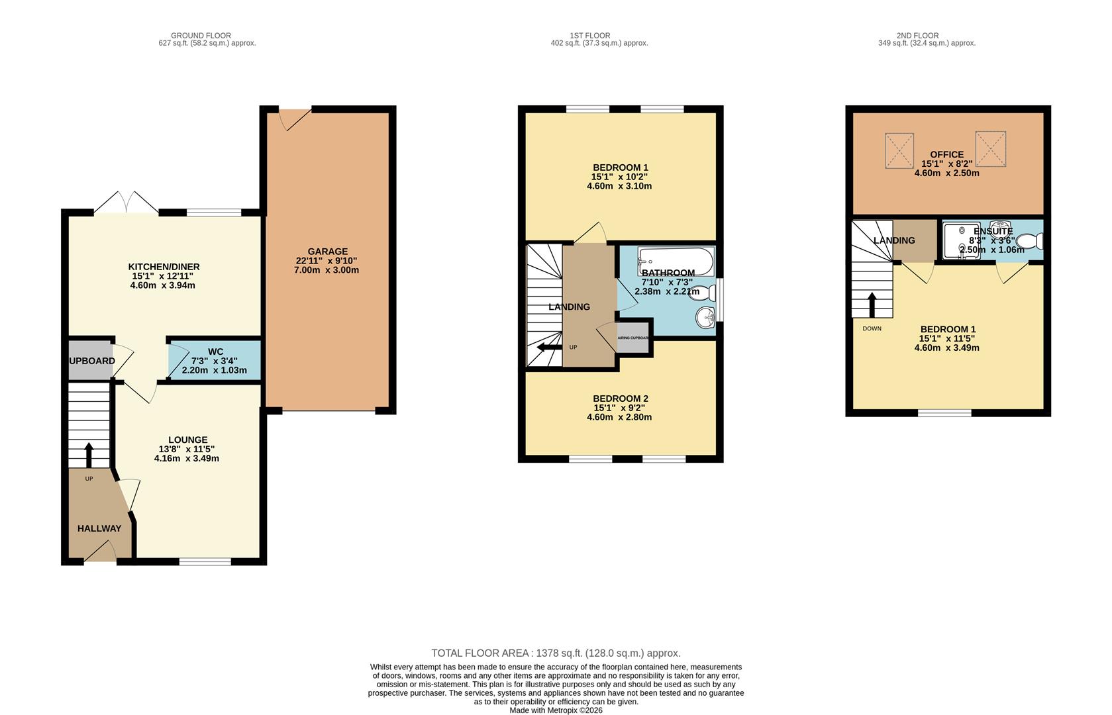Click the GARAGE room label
pyautogui.click(x=327, y=252)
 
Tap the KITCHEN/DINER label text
pyautogui.click(x=164, y=267)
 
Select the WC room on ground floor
pyautogui.click(x=215, y=361)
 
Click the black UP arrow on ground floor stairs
pyautogui.click(x=89, y=454)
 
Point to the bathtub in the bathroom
pyautogui.click(x=676, y=262)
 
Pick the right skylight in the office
pyautogui.click(x=990, y=148)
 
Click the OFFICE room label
pyautogui.click(x=946, y=154)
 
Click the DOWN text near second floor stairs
pyautogui.click(x=872, y=328)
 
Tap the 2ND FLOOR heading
pyautogui.click(x=917, y=36)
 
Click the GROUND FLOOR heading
pyautogui.click(x=201, y=36)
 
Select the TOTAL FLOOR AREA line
pyautogui.click(x=556, y=653)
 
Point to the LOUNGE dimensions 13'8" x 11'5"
pyautogui.click(x=187, y=449)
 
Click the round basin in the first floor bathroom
pyautogui.click(x=705, y=318)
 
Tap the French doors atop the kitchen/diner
pyautogui.click(x=126, y=203)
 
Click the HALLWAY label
pyautogui.click(x=99, y=528)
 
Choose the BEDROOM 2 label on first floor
pyautogui.click(x=620, y=399)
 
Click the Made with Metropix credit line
pyautogui.click(x=556, y=710)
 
